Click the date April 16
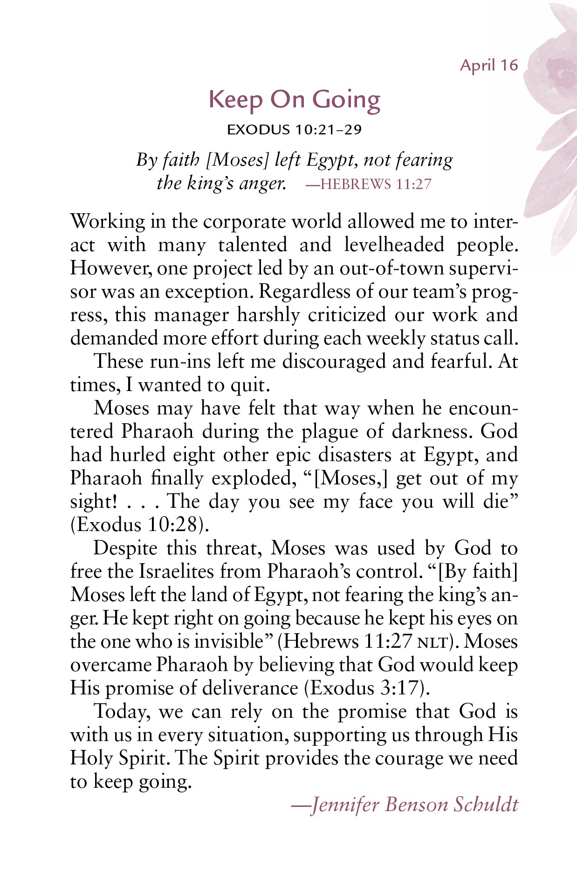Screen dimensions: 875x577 [x=489, y=65]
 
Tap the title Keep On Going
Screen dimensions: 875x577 [x=294, y=100]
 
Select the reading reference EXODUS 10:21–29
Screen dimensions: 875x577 [x=294, y=130]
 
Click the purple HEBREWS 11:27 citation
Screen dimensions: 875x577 [x=369, y=184]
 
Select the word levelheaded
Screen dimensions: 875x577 [x=394, y=245]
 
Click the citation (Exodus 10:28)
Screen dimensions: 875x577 [x=139, y=525]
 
